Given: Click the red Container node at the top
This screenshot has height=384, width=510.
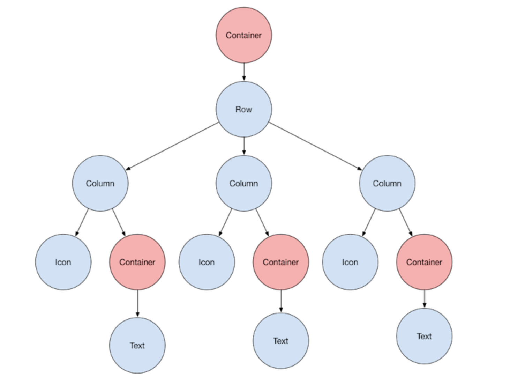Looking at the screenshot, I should (x=243, y=35).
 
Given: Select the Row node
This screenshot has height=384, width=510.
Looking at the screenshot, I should (x=243, y=109).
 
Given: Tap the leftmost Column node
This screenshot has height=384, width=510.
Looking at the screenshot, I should (x=100, y=183).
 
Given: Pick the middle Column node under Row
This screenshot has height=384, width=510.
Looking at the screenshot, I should (x=243, y=183).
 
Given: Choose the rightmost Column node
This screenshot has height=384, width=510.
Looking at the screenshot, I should (x=387, y=183).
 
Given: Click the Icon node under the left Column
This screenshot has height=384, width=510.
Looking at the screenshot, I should (x=63, y=262).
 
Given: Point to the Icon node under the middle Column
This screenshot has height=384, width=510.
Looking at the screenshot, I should (x=207, y=262).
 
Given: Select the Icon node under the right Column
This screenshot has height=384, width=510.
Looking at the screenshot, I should (x=350, y=262).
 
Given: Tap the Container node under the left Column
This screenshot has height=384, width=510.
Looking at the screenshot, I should (x=137, y=262).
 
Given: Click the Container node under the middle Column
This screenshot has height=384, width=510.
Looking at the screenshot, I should (x=280, y=262).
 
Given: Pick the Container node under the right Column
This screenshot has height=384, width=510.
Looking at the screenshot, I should (x=424, y=262).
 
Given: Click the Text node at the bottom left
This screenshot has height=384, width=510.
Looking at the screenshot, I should (x=137, y=345).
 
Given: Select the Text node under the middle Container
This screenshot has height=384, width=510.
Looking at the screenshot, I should (x=280, y=341).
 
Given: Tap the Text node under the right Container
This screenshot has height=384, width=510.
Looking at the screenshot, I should (x=424, y=336).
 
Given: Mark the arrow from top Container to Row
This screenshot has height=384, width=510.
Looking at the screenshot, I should (x=244, y=72).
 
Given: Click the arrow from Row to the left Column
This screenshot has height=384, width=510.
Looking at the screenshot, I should (x=172, y=146).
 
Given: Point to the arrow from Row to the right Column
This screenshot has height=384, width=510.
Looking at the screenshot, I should (x=315, y=146).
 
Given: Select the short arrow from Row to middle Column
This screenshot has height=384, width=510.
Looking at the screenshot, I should (x=244, y=146).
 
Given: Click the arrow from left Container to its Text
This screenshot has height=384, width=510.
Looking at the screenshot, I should (x=137, y=303).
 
